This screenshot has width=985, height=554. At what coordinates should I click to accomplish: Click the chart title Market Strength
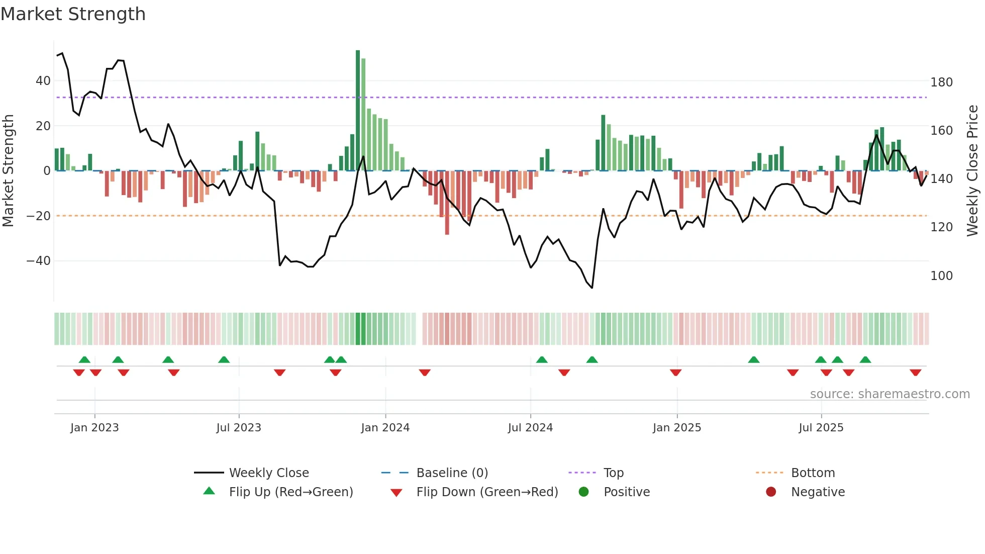coord(73,14)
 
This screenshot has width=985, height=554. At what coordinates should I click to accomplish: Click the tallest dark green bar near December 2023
coord(358,111)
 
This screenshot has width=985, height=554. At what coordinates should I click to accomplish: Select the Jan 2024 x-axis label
coord(385,428)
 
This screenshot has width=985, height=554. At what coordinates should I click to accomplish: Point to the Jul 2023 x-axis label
coord(239,428)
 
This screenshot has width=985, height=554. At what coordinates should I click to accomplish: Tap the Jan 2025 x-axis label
coord(677,428)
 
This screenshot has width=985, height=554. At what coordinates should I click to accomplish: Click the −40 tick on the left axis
coord(39,261)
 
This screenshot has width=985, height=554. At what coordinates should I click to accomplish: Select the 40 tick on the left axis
coord(43,81)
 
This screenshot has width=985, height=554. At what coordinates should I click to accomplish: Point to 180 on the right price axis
coord(941,82)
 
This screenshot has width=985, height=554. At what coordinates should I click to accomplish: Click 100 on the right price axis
coord(941,276)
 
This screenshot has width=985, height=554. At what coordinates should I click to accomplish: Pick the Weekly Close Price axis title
coord(973,171)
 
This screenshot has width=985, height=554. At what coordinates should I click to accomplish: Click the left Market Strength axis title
coord(9,171)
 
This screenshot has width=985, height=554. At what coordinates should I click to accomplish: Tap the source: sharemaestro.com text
coord(890,394)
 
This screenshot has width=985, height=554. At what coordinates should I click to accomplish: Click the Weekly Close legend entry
coord(269,473)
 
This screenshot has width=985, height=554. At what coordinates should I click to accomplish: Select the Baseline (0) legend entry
coord(452,473)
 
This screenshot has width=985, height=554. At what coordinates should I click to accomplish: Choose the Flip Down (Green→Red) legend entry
coord(487,492)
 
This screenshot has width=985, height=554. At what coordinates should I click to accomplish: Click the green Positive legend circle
coord(583,492)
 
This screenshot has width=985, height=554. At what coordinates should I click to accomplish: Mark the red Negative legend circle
coord(771,492)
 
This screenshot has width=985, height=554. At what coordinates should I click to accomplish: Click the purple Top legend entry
coord(613,473)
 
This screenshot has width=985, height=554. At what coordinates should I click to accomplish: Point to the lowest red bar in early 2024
coord(447,203)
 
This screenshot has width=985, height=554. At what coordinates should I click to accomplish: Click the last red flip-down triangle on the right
coord(915,373)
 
